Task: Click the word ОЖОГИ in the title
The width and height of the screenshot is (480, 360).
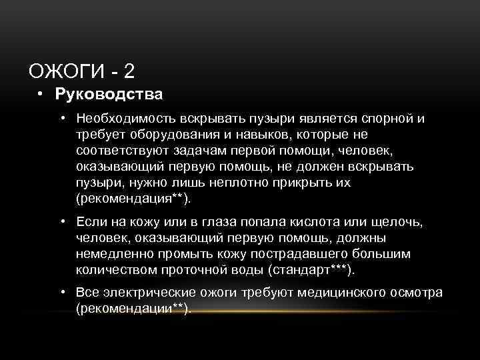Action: pyautogui.click(x=65, y=71)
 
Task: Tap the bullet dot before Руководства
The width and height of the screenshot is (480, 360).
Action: pyautogui.click(x=41, y=94)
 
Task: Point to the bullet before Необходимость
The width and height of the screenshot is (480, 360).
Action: pyautogui.click(x=61, y=118)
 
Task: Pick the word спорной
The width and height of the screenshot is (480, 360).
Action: pyautogui.click(x=388, y=118)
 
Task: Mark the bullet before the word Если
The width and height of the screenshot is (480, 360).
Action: pyautogui.click(x=61, y=221)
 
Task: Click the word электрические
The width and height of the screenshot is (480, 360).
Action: pyautogui.click(x=137, y=293)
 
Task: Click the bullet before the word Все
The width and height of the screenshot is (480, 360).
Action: pyautogui.click(x=61, y=293)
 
